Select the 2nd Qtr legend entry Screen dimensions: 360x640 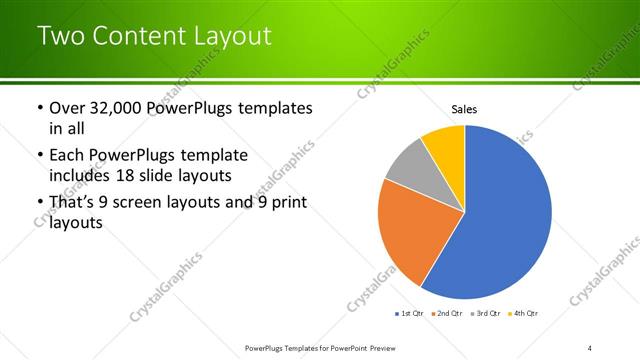tap(445, 314)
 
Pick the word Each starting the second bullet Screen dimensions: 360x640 tap(68, 155)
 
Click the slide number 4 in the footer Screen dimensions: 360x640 tap(590, 347)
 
